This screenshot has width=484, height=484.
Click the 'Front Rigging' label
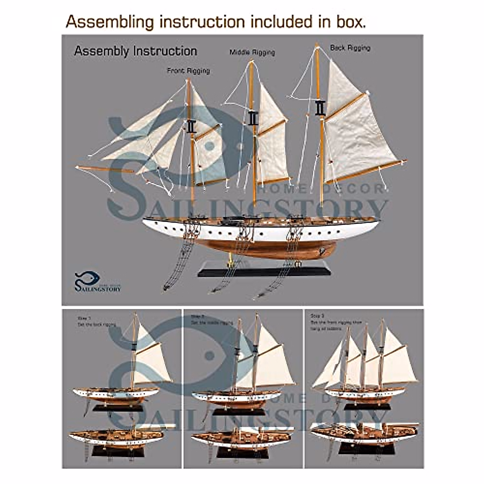[188, 71]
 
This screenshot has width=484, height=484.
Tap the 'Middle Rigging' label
[252, 52]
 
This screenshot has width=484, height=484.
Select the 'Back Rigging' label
[350, 48]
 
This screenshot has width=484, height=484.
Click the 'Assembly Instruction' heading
[136, 51]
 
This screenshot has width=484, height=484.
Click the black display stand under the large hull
[264, 269]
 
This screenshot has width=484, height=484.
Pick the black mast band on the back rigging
[320, 108]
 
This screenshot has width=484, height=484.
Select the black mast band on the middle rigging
[253, 118]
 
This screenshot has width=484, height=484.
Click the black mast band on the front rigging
[191, 126]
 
